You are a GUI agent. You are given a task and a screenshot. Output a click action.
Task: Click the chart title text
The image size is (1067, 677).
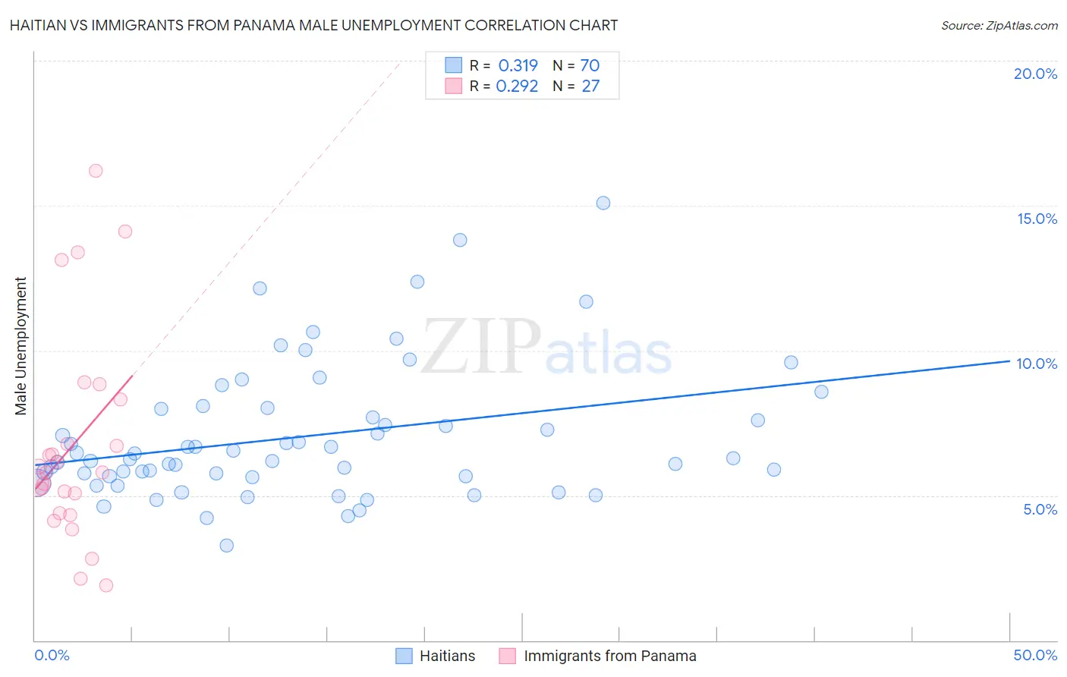click(313, 25)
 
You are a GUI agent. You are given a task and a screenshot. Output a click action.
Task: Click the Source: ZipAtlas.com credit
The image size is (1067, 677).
click(999, 25)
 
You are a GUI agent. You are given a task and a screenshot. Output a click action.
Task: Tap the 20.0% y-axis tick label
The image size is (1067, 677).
click(1035, 74)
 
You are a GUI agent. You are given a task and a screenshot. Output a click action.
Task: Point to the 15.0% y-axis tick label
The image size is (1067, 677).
click(1037, 219)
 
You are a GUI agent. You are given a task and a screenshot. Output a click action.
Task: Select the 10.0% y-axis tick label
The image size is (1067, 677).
click(1037, 364)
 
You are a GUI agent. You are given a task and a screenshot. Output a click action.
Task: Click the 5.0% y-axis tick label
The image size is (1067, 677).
click(1040, 509)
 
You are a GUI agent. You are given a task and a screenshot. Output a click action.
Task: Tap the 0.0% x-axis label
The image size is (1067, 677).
click(52, 655)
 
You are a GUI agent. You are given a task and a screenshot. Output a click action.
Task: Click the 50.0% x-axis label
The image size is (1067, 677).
click(1035, 655)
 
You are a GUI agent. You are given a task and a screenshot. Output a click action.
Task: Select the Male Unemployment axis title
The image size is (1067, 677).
click(20, 346)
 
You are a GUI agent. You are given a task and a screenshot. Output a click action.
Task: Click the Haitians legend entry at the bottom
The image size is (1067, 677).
click(436, 656)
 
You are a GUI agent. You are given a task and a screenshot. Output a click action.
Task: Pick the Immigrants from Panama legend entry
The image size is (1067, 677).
click(598, 656)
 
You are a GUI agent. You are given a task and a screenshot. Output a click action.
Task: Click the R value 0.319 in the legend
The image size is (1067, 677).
click(518, 65)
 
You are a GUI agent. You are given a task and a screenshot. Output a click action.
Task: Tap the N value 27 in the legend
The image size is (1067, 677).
click(590, 86)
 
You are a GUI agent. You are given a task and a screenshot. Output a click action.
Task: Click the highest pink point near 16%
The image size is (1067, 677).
click(96, 171)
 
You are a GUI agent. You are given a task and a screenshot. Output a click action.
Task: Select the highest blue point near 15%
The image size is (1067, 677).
click(603, 203)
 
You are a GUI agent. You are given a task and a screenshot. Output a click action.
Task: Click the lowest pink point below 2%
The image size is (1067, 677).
click(106, 585)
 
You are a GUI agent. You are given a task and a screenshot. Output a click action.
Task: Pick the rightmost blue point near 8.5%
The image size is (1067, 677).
click(821, 392)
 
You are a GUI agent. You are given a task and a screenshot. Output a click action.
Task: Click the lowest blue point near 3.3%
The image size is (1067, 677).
click(226, 545)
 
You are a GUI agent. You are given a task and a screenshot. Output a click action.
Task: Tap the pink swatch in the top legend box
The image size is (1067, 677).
click(453, 86)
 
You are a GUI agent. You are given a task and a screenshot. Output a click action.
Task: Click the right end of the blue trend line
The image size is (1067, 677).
click(1009, 361)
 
